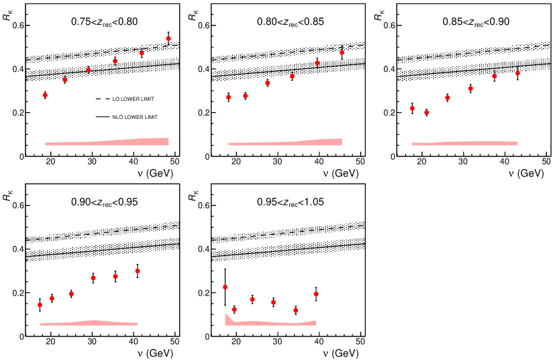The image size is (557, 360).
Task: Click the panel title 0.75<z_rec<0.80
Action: [x=104, y=22]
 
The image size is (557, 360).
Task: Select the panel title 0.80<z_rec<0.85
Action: [x=290, y=22]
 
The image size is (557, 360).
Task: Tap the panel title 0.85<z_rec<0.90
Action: [x=476, y=22]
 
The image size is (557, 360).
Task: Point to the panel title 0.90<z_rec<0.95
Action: [x=104, y=202]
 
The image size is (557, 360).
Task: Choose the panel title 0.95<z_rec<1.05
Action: [x=290, y=202]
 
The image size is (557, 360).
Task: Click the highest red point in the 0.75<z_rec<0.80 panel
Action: [x=168, y=38]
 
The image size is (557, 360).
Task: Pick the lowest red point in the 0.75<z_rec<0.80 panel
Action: [x=45, y=95]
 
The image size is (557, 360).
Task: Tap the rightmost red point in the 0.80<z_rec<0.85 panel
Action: [x=342, y=52]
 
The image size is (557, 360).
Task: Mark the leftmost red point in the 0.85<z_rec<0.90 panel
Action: [x=412, y=108]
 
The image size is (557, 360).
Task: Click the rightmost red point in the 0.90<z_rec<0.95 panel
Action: [x=138, y=271]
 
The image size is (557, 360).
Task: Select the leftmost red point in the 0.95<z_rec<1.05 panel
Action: [x=225, y=287]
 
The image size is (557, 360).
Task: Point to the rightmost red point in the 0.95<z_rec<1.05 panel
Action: [x=315, y=294]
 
